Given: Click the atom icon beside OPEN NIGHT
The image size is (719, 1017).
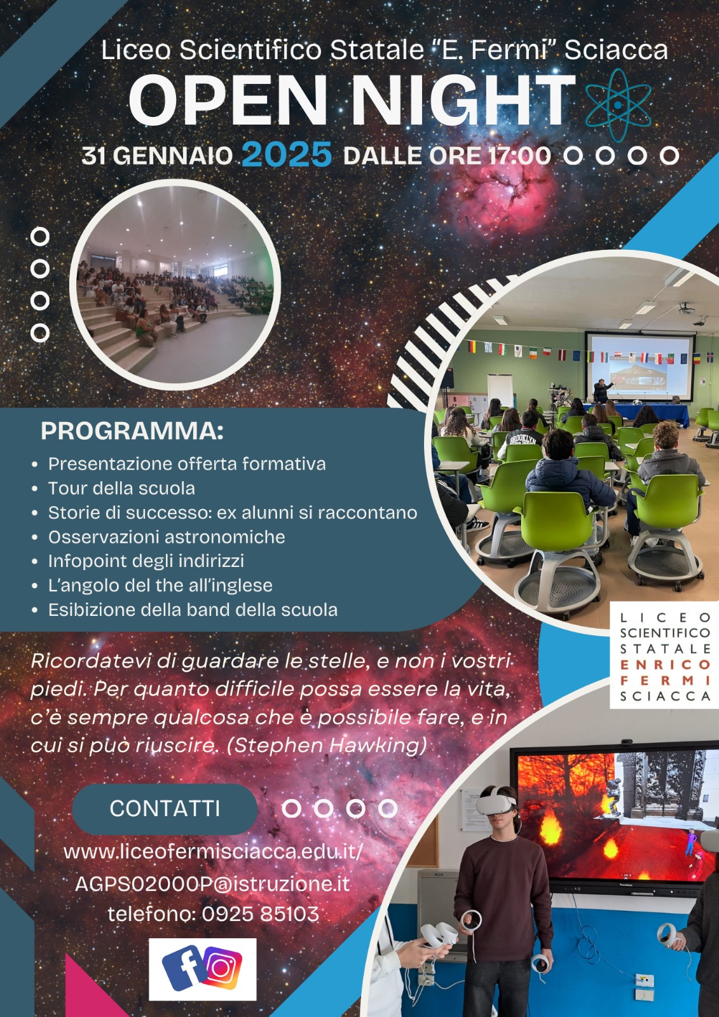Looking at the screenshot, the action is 618,105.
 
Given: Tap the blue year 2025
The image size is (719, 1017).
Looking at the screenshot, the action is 287,154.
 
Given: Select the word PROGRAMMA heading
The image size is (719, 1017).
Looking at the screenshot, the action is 132,431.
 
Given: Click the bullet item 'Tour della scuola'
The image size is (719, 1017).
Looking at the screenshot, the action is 121,488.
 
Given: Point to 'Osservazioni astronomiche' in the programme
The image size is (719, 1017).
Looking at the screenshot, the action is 167,536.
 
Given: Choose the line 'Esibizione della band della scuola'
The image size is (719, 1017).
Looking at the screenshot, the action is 193,610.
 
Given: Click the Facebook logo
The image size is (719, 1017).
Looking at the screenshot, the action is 184,967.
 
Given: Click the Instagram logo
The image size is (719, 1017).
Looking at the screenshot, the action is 223,968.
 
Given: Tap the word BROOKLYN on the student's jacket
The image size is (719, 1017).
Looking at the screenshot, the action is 523,439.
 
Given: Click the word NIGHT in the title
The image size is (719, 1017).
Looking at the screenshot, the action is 463,100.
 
